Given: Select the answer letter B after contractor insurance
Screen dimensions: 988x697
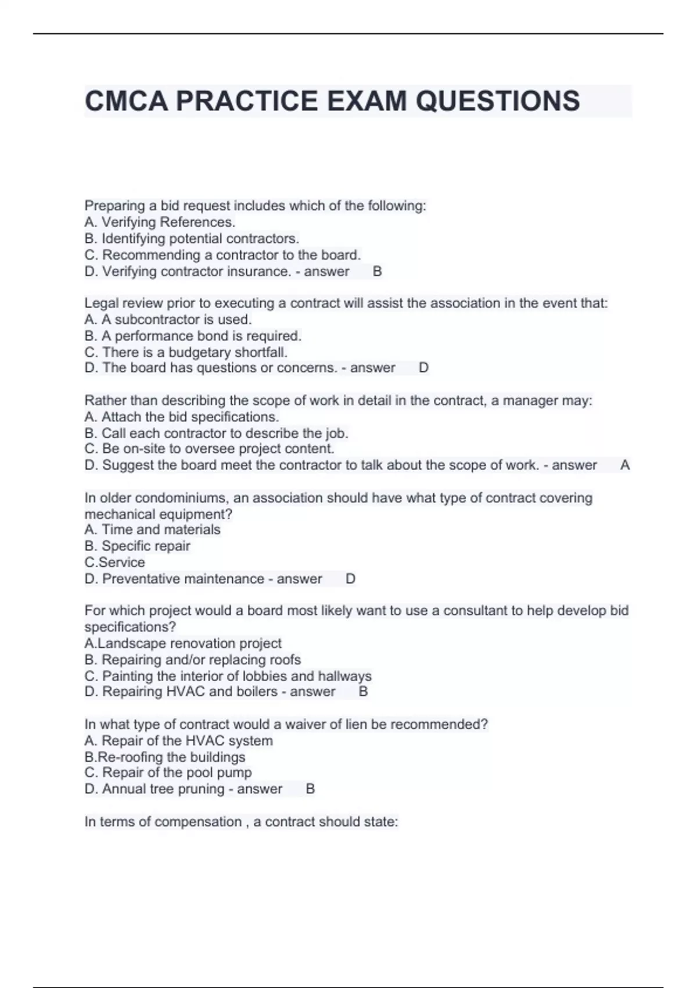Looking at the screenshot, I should click(378, 271).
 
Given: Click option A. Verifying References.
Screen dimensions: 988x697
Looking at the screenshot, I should click(160, 222).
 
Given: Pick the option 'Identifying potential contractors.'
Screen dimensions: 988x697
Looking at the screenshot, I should click(192, 238).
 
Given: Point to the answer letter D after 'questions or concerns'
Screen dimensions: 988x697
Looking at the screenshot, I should click(424, 368).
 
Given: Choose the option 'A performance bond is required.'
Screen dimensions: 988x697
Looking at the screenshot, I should click(193, 336).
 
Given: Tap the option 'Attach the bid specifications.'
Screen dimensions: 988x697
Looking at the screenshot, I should click(182, 417).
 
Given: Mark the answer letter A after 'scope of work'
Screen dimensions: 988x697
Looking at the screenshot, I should click(625, 465).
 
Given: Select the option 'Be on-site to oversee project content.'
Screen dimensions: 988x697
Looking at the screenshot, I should click(209, 449).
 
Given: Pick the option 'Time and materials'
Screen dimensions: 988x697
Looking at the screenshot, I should click(152, 529).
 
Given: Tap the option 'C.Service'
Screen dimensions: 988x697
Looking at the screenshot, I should click(115, 562).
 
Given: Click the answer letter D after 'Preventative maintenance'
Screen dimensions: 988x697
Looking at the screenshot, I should click(350, 579).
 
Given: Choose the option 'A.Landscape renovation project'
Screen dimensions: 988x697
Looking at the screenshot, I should click(183, 643).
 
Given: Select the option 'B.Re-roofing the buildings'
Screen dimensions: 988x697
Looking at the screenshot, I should click(165, 757).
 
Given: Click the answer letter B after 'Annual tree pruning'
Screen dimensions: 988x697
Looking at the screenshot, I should click(310, 789).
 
